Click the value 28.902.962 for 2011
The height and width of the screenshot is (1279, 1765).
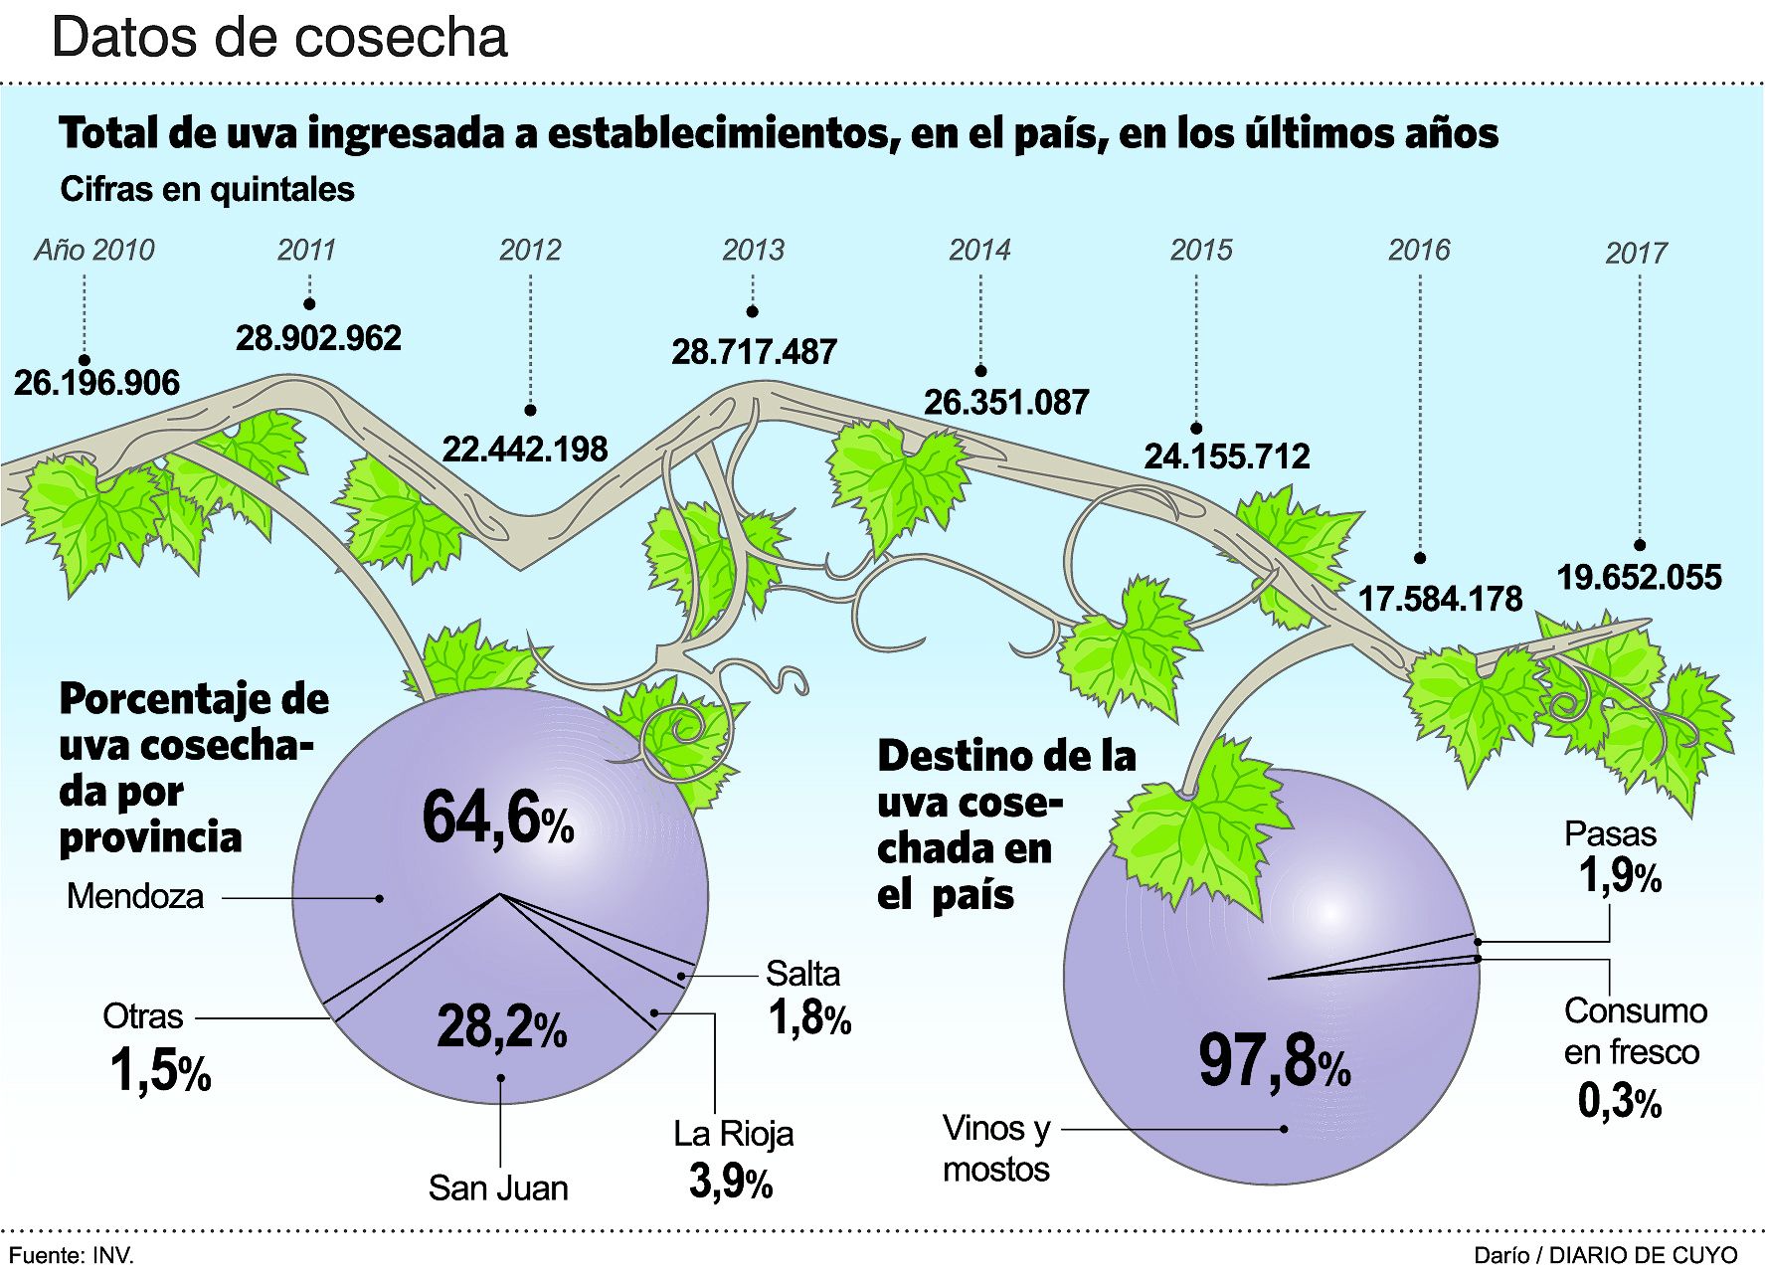coord(318,338)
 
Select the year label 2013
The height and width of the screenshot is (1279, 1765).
coord(753,249)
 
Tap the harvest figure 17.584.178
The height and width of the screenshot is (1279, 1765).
coord(1440,599)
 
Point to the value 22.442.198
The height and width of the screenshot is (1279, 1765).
coord(524,449)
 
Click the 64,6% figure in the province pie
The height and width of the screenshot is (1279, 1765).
coord(497,819)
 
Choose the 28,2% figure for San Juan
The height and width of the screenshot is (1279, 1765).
coord(501,1026)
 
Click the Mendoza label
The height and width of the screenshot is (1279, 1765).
coord(134,896)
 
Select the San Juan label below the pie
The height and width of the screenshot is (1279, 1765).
coord(498,1188)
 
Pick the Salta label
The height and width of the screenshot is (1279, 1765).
coord(802,973)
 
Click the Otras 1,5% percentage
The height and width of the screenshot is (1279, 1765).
coord(160,1071)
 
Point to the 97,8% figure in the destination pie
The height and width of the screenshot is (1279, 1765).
coord(1274,1061)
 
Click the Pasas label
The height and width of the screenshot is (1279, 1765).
coord(1610,833)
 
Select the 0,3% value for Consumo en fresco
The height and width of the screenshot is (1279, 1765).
coord(1620,1101)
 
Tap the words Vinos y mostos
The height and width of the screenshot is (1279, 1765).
coord(996,1148)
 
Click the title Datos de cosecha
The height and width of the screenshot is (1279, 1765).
coord(279,38)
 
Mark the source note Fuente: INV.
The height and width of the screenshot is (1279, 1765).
coord(71,1255)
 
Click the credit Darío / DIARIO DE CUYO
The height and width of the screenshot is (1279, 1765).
coord(1606,1255)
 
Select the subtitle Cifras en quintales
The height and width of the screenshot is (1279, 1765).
coord(207,189)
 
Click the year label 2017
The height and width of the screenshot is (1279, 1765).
coord(1636,253)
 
